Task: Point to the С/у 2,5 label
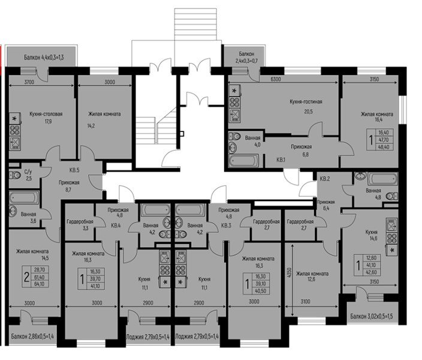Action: (27, 175)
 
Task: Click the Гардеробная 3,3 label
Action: (79, 224)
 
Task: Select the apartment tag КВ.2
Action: (324, 179)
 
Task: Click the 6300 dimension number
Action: (276, 79)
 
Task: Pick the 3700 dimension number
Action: (28, 82)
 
